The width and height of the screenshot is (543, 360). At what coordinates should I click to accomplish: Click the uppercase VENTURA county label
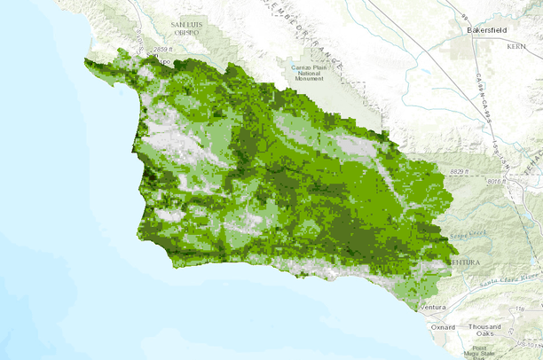[x=465, y=263]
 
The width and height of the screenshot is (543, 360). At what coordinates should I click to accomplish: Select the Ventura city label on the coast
[x=434, y=307]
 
